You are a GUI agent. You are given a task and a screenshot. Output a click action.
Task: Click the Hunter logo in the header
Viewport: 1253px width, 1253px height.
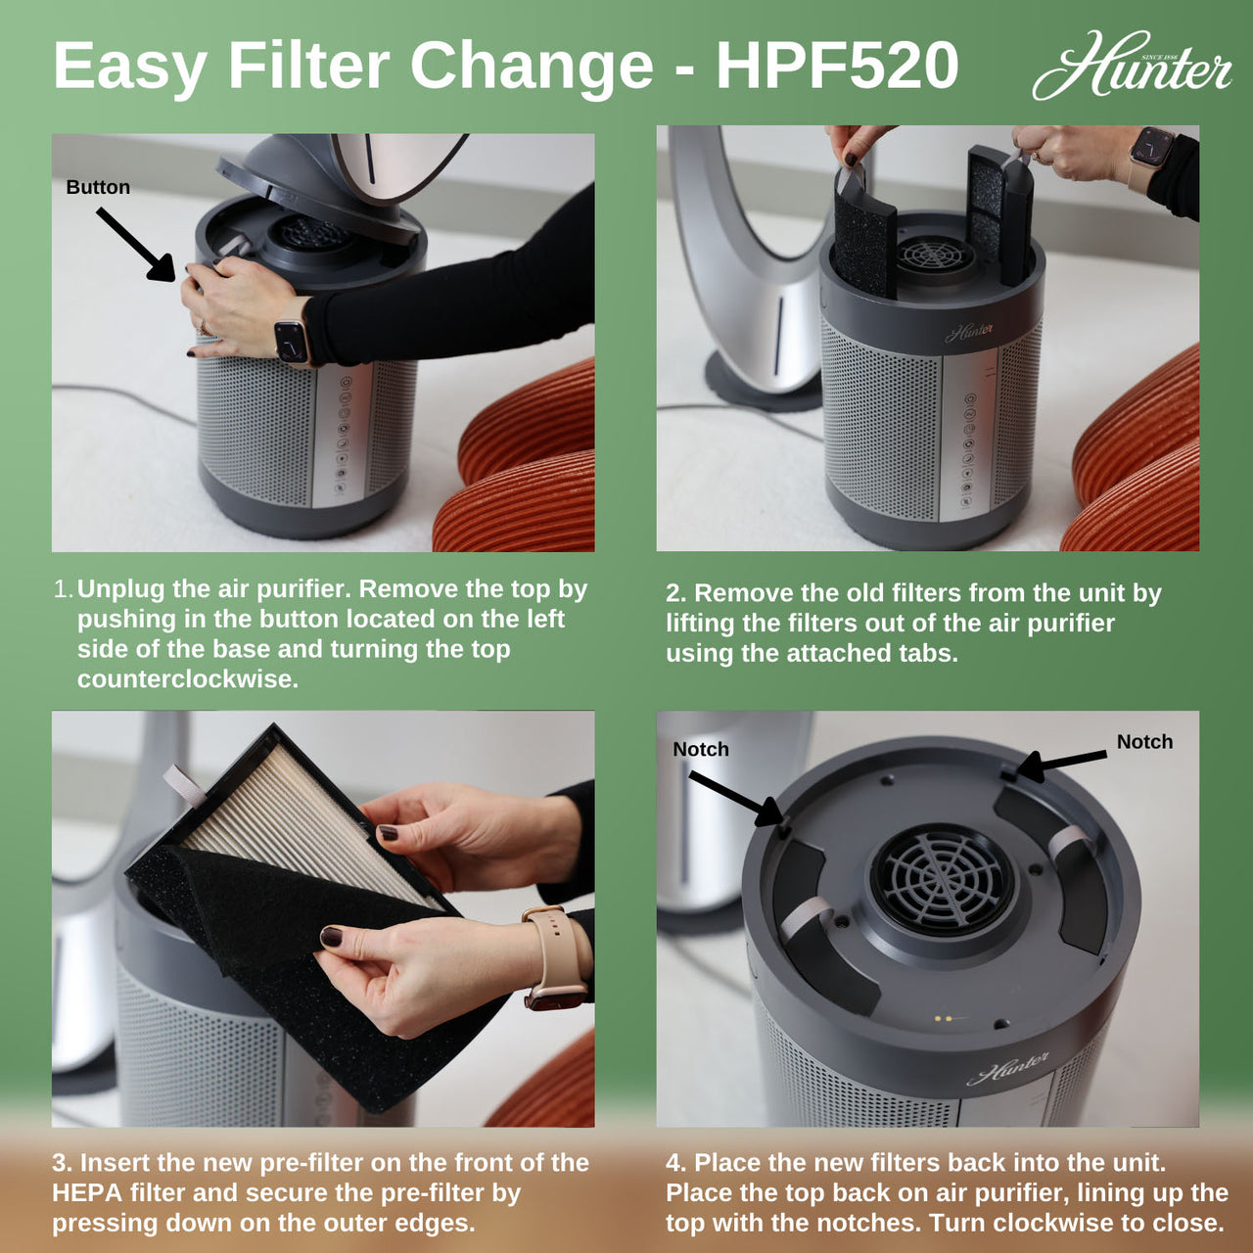coord(1132,67)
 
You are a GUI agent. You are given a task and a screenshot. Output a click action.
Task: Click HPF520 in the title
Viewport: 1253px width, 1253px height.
coord(837,67)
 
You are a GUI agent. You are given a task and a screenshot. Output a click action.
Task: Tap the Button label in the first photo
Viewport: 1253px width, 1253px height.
coord(98,187)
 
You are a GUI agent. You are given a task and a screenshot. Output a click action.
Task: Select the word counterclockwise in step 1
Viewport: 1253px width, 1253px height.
coord(187,679)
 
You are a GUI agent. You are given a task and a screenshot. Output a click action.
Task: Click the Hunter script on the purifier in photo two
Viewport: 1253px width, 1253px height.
coord(969,333)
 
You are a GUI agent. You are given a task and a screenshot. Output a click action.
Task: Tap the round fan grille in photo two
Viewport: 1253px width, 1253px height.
coord(935,255)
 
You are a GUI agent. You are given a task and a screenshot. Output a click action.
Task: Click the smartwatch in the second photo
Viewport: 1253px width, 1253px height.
coord(1150,147)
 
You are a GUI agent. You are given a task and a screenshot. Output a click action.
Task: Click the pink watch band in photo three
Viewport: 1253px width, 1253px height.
coord(556,959)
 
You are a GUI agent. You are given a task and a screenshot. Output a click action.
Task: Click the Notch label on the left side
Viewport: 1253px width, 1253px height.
coord(701,749)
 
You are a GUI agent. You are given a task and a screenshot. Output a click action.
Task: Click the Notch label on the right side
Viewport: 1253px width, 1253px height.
coord(1144,742)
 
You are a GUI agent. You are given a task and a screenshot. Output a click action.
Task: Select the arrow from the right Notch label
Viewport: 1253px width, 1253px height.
coord(1061,765)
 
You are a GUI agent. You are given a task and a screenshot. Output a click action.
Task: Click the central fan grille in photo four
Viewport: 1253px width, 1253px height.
coord(943,879)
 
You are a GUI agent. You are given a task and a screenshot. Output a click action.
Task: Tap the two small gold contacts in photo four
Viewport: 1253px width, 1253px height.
coord(943,1019)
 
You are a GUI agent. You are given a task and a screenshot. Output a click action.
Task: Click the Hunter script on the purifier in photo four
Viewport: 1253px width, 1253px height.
coord(1007,1068)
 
